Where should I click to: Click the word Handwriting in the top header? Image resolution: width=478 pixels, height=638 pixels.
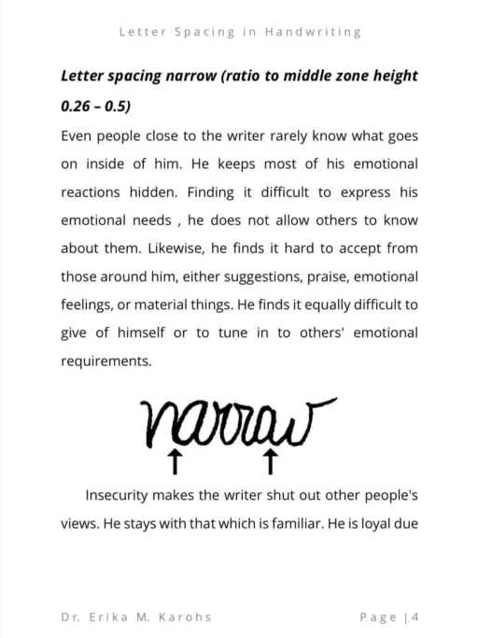tap(313, 32)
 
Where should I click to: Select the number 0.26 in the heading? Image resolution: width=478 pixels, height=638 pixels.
tap(76, 106)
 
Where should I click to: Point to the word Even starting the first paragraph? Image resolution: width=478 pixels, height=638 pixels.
tap(77, 135)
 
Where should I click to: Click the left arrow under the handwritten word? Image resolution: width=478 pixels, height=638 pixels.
tap(174, 460)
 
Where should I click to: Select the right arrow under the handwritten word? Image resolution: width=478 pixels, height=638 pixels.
tap(270, 460)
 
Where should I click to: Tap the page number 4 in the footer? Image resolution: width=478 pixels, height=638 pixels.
tap(414, 617)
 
